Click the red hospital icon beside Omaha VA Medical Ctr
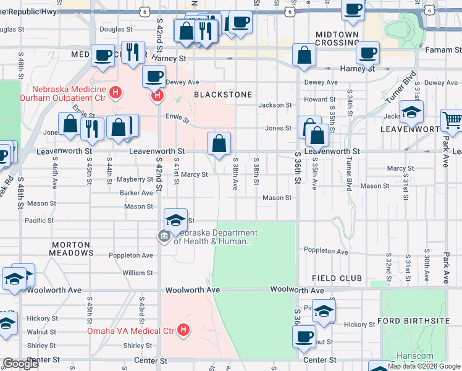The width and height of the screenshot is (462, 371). point(183,331)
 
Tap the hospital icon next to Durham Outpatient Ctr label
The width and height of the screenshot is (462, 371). point(114,93)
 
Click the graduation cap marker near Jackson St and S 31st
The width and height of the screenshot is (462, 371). point(411,112)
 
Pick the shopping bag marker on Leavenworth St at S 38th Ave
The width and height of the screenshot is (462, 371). point(219,144)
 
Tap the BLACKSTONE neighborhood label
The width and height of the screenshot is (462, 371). point(223,95)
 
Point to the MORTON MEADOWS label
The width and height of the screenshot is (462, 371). point(72,249)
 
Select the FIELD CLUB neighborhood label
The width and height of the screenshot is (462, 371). point(336,279)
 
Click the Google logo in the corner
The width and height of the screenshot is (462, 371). point(20,364)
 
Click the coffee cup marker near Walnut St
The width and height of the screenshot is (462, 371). point(304,337)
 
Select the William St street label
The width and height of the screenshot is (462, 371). point(137,273)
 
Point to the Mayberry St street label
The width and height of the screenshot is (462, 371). point(135,179)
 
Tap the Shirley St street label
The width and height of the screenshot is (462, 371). point(42,346)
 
